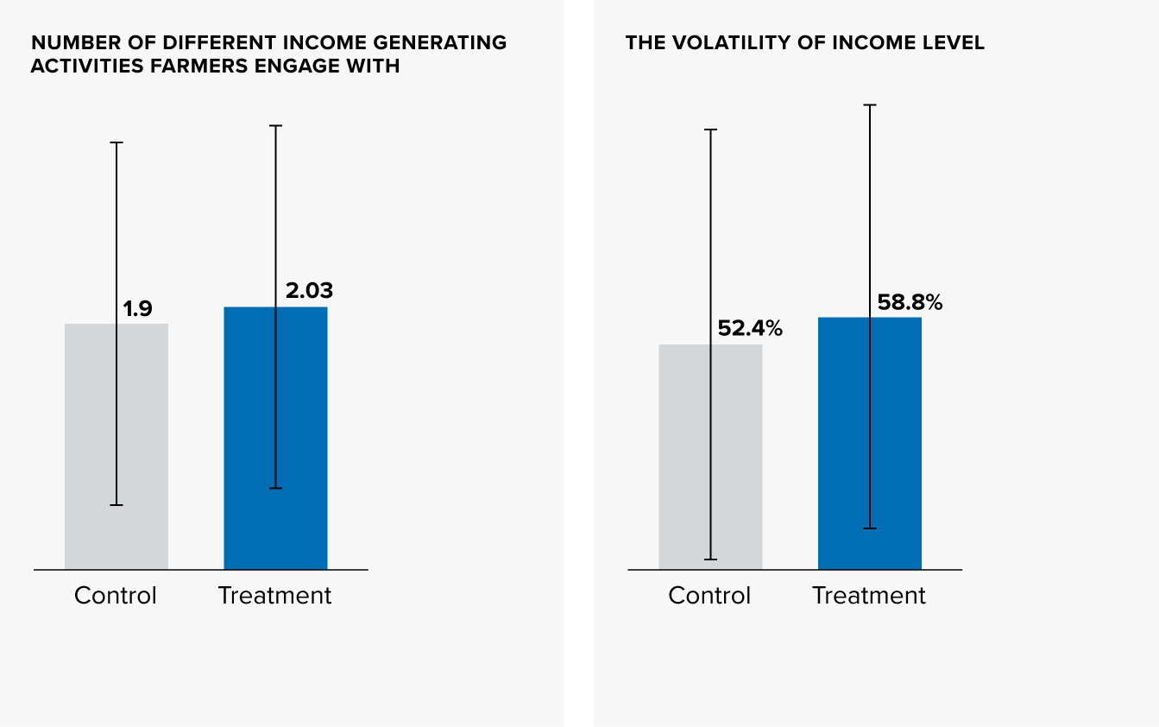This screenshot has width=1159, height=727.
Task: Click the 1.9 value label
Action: point(137,308)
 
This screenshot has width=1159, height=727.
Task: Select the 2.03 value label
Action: point(309,291)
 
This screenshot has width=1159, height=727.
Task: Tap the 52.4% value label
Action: point(750,328)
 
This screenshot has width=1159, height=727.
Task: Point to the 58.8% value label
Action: point(910,302)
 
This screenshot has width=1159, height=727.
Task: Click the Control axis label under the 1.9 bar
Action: point(116,596)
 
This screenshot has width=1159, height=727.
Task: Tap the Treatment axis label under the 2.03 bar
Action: point(274,596)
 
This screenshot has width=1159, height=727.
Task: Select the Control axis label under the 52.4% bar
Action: point(709,596)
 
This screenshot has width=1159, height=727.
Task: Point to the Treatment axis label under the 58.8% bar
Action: point(869,596)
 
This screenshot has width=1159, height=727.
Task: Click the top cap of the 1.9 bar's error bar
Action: point(117,142)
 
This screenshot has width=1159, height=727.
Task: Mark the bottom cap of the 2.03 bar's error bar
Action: point(275,489)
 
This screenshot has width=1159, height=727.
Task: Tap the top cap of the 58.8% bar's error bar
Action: point(870,105)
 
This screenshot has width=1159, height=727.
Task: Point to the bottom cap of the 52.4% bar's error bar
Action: point(710,559)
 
